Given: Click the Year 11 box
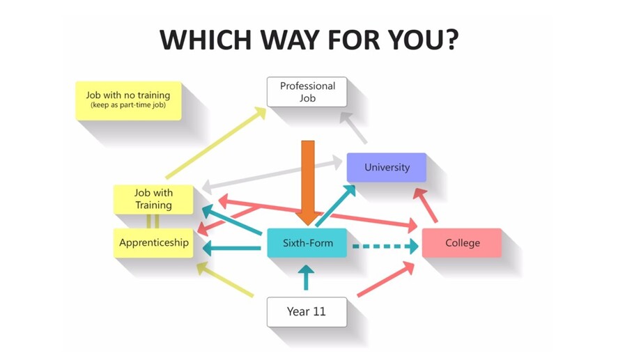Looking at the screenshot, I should tap(307, 312).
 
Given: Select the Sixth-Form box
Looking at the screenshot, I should tap(307, 243).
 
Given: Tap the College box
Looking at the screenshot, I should tap(461, 243).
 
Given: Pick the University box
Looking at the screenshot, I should tap(387, 168).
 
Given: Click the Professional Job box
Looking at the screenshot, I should tap(307, 92).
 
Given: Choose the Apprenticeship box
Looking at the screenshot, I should tap(153, 243).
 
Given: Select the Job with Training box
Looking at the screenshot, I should tap(153, 199).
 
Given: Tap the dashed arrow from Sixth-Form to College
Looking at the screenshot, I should tap(383, 246).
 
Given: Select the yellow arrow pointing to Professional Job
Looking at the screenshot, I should tap(216, 142).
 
